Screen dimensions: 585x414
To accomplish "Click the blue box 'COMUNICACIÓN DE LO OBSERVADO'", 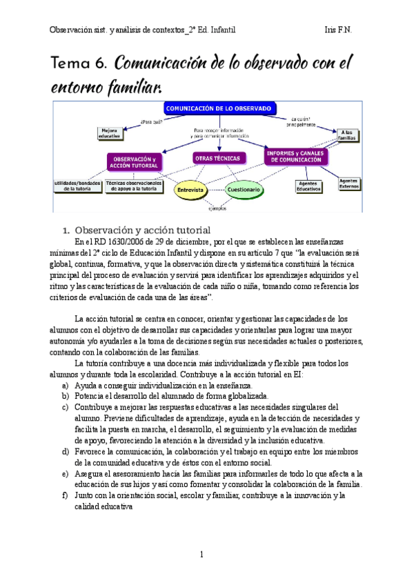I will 219,108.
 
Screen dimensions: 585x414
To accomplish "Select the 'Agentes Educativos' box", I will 308,186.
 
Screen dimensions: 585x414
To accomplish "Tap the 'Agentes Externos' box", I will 348,183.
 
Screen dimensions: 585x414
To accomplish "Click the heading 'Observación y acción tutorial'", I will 142,229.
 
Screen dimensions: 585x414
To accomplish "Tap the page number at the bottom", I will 201,554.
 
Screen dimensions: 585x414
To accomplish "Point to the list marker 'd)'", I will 65,452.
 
